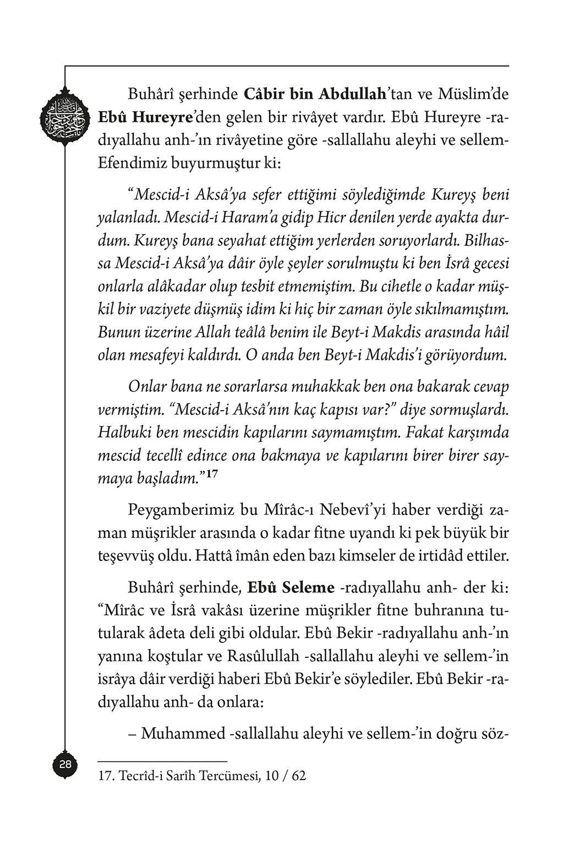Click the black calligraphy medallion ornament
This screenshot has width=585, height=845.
pos(64,117)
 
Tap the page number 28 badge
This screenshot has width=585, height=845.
pos(65,765)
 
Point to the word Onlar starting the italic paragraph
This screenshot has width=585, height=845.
pos(146,386)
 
